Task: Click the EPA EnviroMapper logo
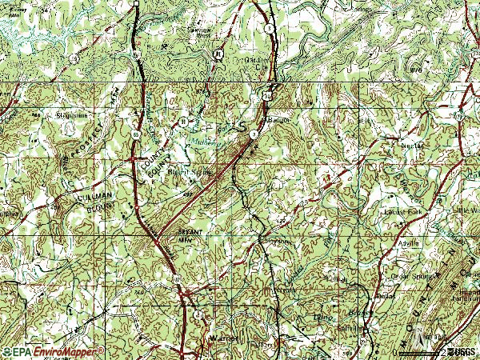[53, 351]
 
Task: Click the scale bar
[420, 353]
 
